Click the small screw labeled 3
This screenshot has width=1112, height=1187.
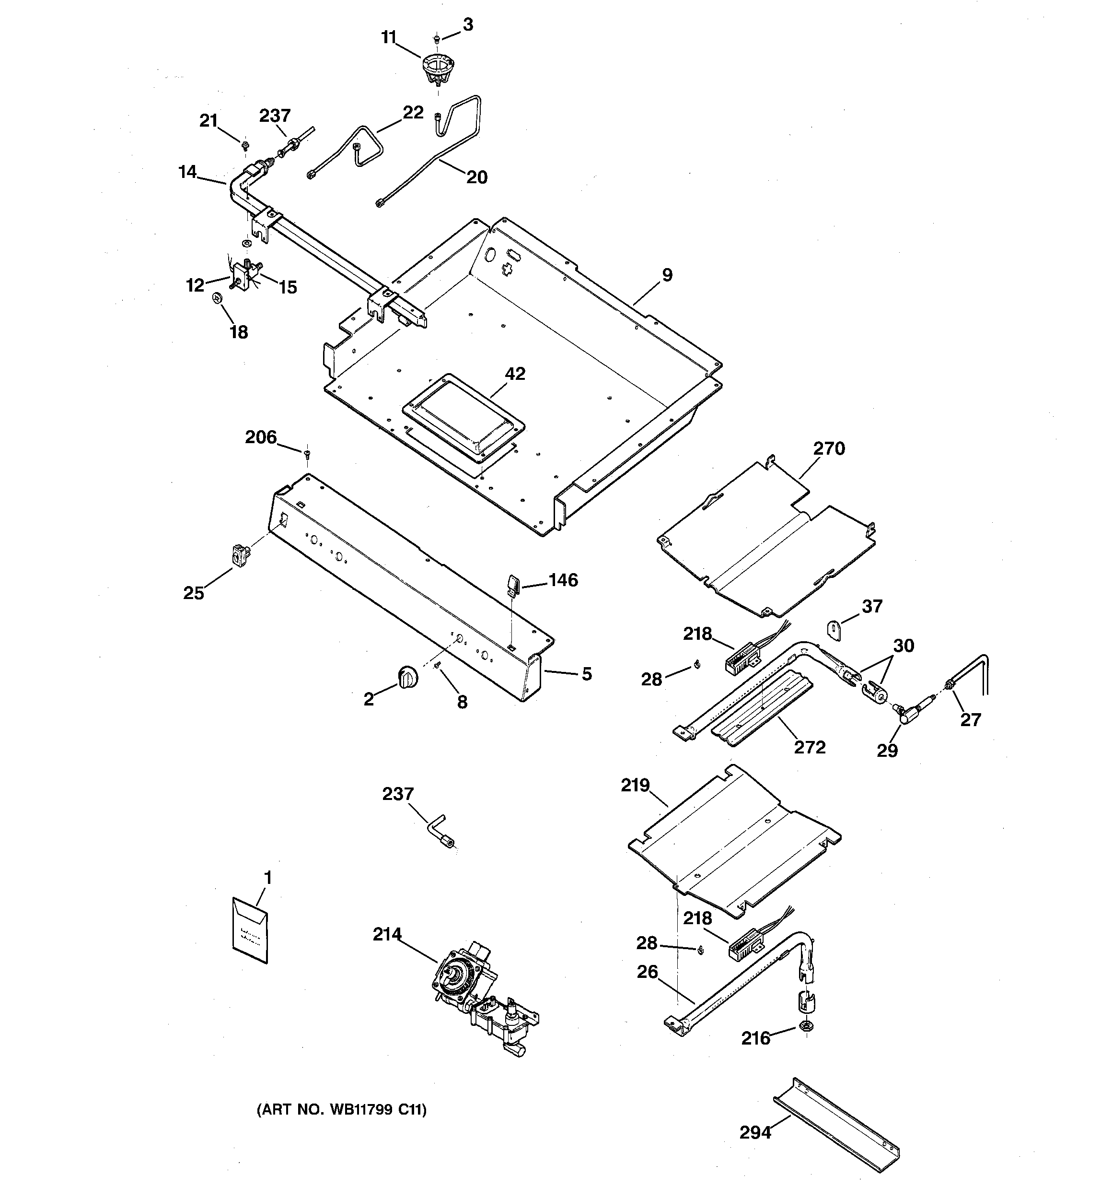point(438,38)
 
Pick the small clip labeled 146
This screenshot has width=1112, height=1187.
point(513,583)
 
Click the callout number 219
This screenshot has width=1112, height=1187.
point(635,785)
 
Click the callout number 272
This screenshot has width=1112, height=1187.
point(810,747)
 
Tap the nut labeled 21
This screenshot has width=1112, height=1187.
point(245,144)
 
